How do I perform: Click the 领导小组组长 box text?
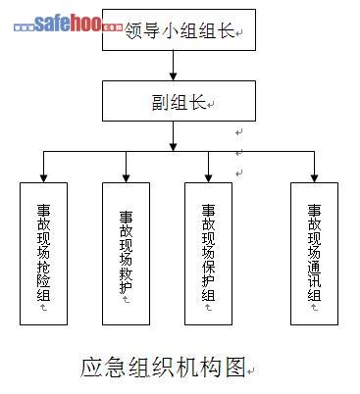180,31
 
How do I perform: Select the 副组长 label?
179,102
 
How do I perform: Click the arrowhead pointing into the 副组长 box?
174,75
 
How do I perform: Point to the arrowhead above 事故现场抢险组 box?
43,178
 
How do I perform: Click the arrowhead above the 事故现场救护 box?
126,178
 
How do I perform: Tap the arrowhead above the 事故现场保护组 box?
208,178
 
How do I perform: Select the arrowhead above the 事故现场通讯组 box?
314,178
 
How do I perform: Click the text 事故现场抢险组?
43,253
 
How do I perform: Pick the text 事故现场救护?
126,252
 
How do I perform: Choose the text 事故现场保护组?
208,253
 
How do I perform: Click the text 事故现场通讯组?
314,253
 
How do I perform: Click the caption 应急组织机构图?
163,368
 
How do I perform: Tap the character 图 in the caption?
234,368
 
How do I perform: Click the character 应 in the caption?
91,368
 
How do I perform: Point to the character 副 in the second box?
161,102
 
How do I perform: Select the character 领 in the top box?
133,31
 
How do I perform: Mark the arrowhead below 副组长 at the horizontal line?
174,147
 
